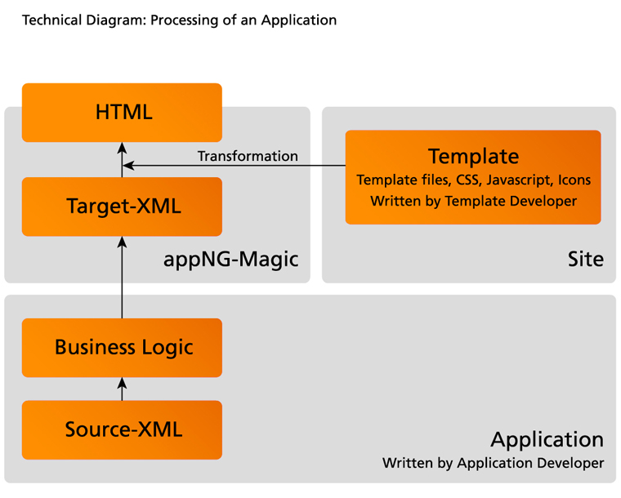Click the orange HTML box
tap(122, 112)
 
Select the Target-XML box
tap(122, 207)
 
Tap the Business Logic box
tap(122, 347)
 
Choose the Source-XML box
tap(122, 429)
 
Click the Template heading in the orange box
tap(473, 156)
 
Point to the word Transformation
tap(248, 156)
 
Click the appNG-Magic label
tap(231, 260)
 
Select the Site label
tap(585, 260)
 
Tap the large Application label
tap(547, 439)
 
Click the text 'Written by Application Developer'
tap(493, 463)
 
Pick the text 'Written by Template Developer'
tap(473, 200)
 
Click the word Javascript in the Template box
tap(520, 180)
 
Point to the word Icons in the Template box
tap(574, 180)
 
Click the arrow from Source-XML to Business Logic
tap(122, 389)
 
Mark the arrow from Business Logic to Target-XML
tap(122, 278)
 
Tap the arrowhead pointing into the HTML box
tap(122, 148)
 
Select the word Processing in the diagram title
tap(181, 20)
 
